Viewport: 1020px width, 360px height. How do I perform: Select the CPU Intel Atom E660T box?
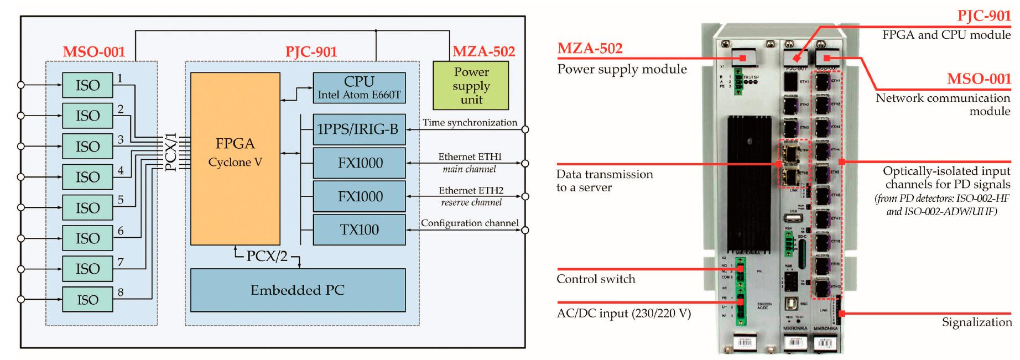(x=359, y=87)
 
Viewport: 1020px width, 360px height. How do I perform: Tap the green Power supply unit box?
(x=471, y=86)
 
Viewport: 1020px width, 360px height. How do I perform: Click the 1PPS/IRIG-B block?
(x=359, y=130)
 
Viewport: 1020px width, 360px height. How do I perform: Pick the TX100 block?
(x=359, y=229)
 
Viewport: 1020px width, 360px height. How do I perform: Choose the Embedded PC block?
(x=298, y=290)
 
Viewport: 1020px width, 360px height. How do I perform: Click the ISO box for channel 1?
(x=87, y=85)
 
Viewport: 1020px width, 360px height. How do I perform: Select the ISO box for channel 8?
(x=87, y=300)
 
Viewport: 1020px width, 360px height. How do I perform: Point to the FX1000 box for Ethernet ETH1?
(x=359, y=163)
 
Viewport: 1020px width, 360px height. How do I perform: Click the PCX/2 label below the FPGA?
(x=267, y=257)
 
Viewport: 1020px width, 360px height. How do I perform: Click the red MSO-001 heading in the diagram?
(x=93, y=53)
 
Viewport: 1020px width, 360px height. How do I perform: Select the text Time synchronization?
(x=470, y=123)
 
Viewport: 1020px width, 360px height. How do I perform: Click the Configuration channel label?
(x=470, y=223)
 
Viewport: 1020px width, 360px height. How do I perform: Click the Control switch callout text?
(x=596, y=279)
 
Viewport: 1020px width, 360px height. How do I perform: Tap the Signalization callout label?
(x=977, y=322)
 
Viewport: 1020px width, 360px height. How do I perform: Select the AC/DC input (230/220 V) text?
(x=623, y=314)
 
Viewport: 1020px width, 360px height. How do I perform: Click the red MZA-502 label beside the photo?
(x=590, y=49)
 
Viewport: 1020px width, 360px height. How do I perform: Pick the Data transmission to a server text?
(x=605, y=181)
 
